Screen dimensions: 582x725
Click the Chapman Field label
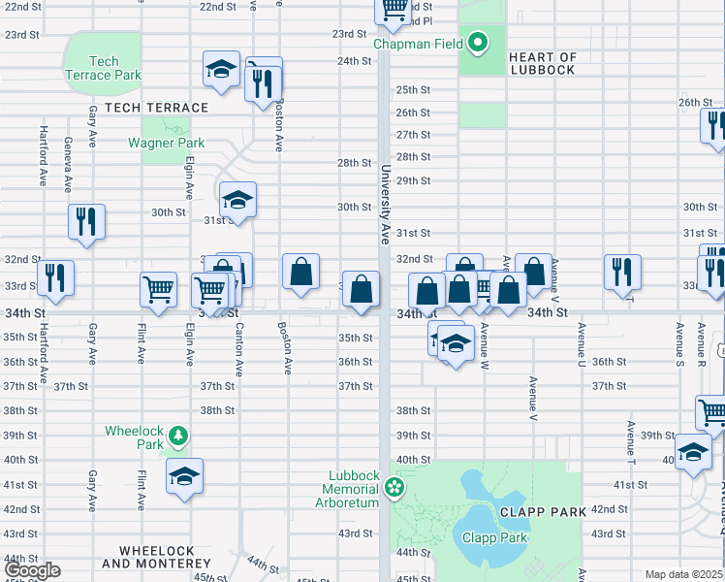[418, 44]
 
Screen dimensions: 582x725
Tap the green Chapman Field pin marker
[477, 43]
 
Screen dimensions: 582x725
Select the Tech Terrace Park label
[102, 68]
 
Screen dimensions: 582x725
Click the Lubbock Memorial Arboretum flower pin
[394, 485]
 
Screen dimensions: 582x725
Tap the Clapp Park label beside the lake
[494, 538]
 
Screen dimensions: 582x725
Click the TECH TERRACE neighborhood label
[156, 108]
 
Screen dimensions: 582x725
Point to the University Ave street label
[385, 204]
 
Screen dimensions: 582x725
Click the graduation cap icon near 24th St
[221, 70]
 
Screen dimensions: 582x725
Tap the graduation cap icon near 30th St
[237, 201]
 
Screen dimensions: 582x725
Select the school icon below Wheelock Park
[184, 476]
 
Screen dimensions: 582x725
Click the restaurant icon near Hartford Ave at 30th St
[86, 222]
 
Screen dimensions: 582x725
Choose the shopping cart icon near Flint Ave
[158, 288]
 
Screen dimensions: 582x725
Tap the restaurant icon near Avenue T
[621, 271]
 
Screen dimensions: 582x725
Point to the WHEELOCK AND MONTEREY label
[148, 557]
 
